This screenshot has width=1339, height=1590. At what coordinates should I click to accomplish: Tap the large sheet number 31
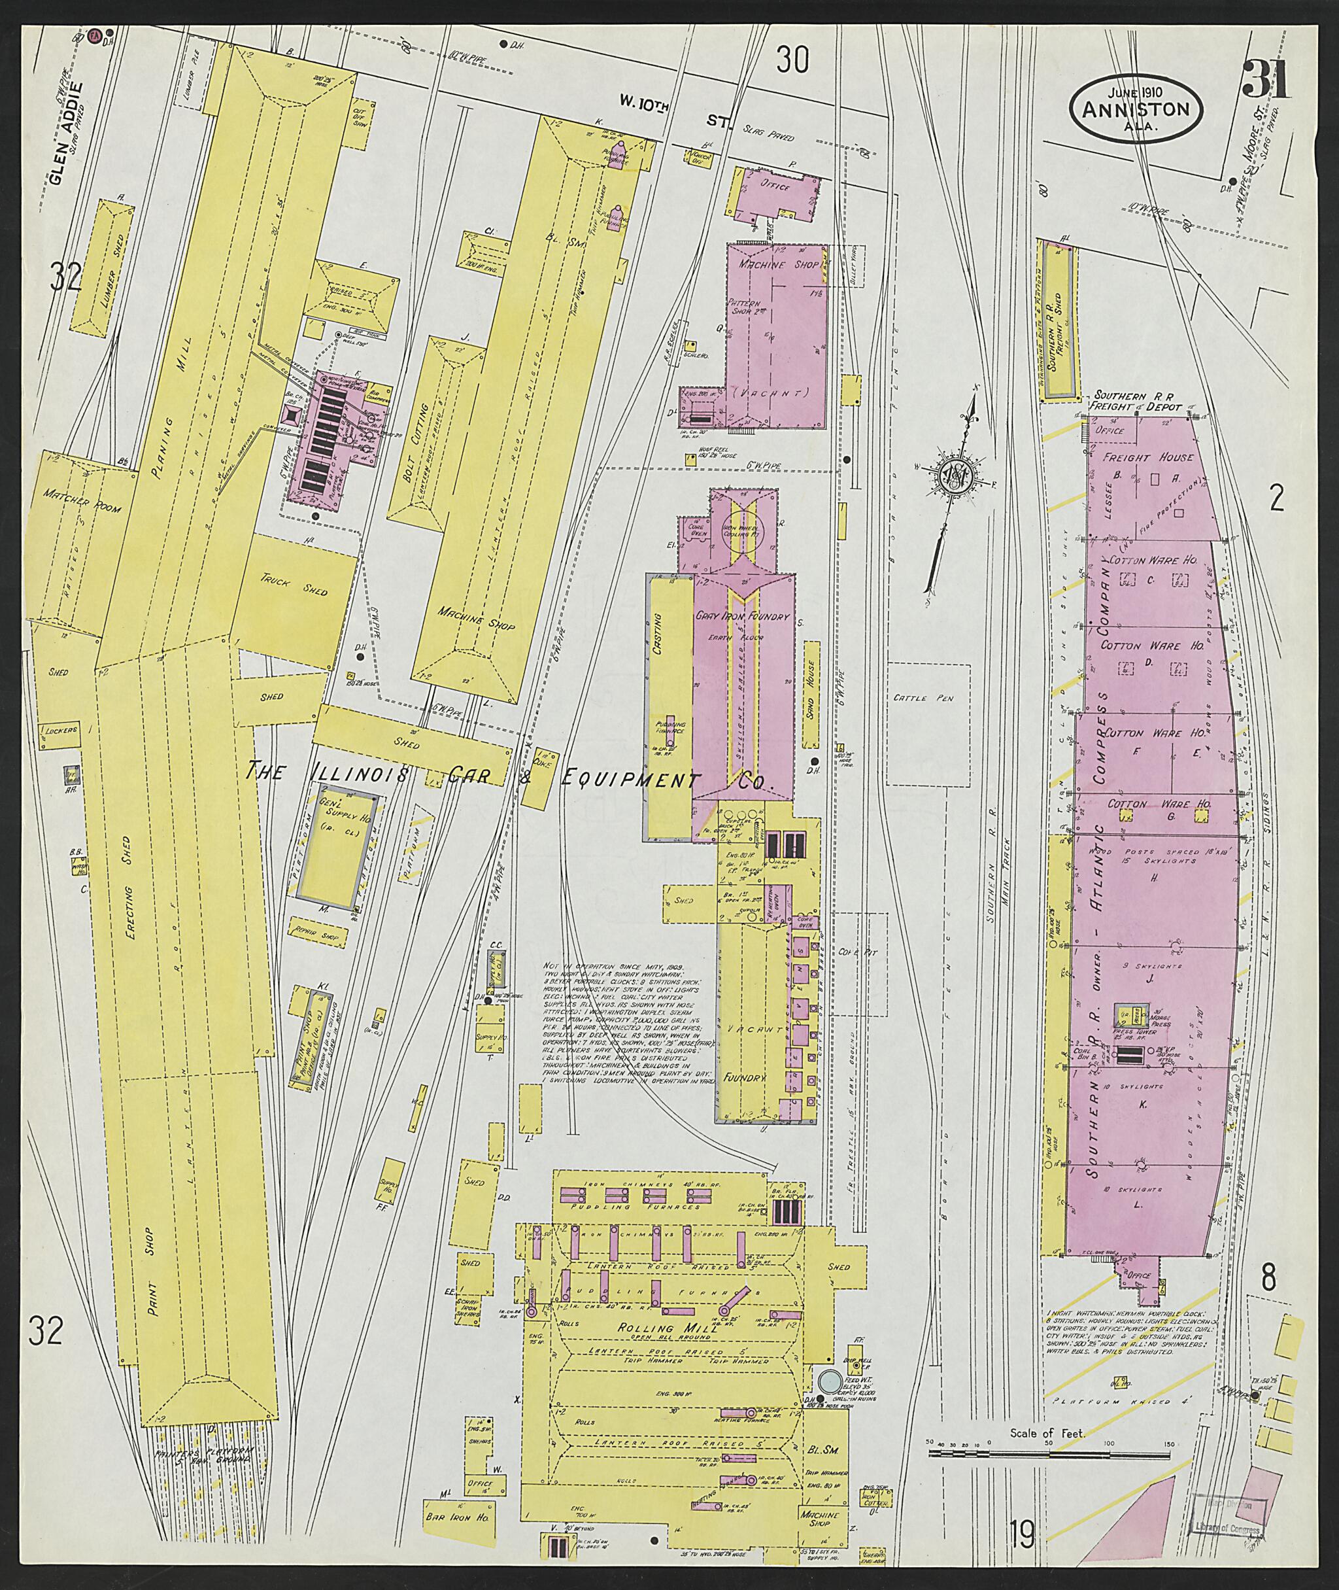1265,79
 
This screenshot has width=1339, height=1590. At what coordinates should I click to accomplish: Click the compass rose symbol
952,476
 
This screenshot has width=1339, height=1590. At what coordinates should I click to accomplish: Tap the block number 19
1023,1537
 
